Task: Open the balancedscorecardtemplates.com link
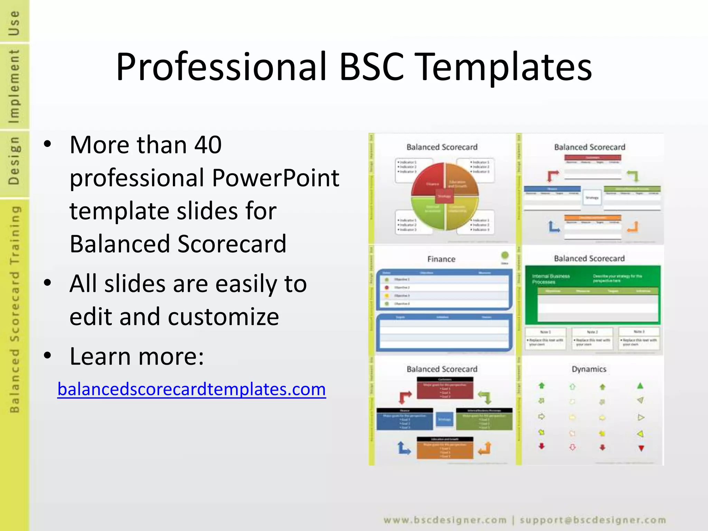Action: (192, 390)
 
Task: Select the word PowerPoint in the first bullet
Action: (275, 178)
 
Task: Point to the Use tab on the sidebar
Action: (14, 22)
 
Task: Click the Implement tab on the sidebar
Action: (14, 86)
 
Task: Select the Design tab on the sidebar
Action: (14, 160)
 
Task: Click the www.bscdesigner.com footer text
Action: (445, 520)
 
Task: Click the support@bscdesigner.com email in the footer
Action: (593, 520)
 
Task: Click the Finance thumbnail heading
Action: (441, 259)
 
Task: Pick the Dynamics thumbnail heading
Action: (589, 369)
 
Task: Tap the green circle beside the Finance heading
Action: (505, 255)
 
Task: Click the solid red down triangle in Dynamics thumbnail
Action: (641, 448)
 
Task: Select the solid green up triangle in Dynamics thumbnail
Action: (640, 386)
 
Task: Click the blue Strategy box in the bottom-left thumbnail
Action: (444, 419)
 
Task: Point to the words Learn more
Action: (137, 356)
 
